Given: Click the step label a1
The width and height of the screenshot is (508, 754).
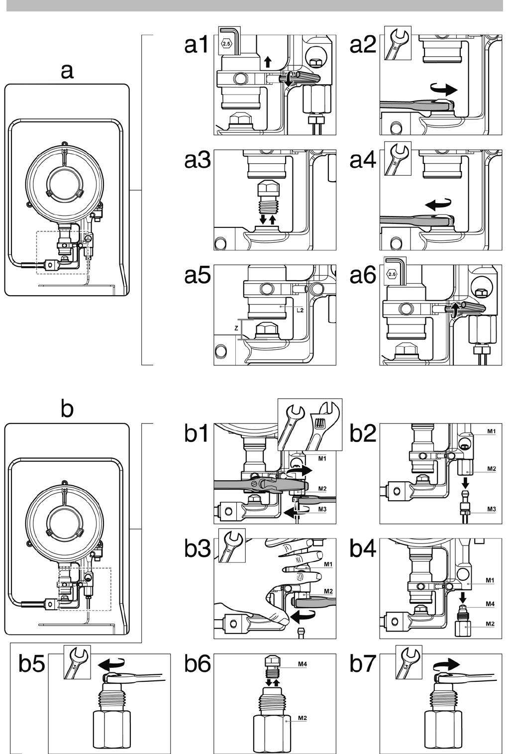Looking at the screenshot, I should [x=197, y=45].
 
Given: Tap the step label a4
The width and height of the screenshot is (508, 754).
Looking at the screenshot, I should [x=363, y=160].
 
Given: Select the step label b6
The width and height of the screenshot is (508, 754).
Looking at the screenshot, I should [x=197, y=664].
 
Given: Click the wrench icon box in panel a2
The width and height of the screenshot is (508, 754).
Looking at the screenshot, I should [x=399, y=43].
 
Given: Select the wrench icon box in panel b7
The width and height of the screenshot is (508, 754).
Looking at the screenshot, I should [x=408, y=662].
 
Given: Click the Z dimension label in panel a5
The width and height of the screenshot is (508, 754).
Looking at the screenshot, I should [x=236, y=328].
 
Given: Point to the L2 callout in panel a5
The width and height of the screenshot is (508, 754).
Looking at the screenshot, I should [x=300, y=310].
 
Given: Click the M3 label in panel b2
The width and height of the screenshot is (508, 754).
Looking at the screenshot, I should [x=491, y=509].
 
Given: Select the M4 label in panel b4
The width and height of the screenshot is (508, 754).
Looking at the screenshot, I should [x=490, y=604].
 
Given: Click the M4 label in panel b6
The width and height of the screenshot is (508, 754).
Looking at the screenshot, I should [x=303, y=664].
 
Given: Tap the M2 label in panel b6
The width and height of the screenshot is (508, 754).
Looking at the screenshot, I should [x=302, y=718].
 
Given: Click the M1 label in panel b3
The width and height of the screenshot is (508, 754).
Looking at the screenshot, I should [x=328, y=564].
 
